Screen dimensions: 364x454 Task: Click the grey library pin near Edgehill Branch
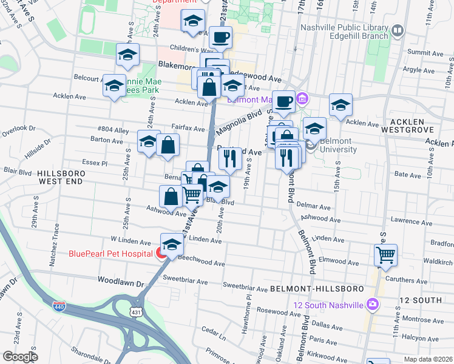tap(398, 29)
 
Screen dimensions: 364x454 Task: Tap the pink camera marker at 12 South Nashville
tap(373, 304)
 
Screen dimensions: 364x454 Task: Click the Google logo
tap(20, 357)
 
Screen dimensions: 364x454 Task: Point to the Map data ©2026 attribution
tap(429, 359)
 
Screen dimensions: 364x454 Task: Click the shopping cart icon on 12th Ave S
tap(385, 255)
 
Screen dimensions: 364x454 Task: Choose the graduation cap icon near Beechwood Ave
tap(172, 244)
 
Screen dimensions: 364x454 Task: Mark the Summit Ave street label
tap(422, 53)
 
